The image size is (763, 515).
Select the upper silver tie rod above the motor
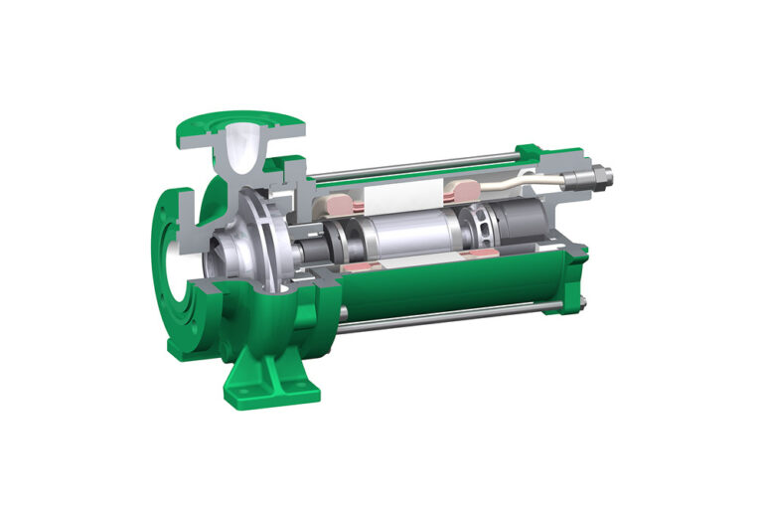pyautogui.click(x=417, y=162)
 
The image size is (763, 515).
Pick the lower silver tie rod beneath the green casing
pyautogui.click(x=437, y=319)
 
